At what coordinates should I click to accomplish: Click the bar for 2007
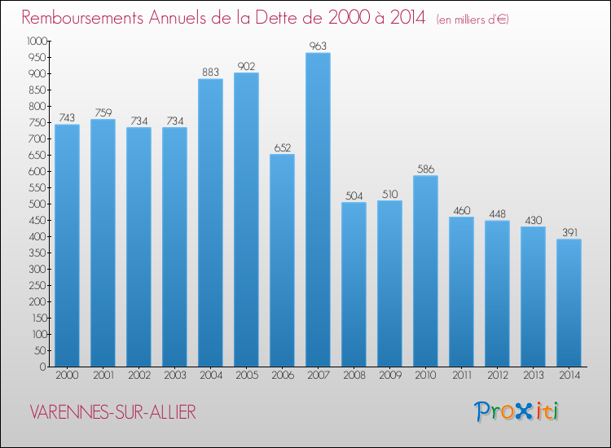tap(318, 209)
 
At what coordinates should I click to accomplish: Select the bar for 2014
tap(569, 303)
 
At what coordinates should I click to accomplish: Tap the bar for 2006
tap(282, 260)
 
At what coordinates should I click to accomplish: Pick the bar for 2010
tap(425, 270)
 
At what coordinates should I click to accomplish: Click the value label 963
tap(318, 46)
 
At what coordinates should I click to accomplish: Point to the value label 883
tap(210, 72)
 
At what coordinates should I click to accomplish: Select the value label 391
tap(569, 233)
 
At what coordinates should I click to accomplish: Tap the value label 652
tap(283, 147)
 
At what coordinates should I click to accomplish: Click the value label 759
tap(103, 112)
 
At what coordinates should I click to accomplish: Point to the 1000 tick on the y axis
tap(37, 41)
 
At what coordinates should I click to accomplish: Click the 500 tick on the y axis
tap(37, 204)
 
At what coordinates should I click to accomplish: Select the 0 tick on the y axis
tap(43, 367)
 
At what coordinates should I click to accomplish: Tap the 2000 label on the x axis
tap(67, 376)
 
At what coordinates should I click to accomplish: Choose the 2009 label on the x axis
tap(390, 376)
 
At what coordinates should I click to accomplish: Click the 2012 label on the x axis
tap(498, 376)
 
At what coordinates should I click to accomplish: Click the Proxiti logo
tap(516, 412)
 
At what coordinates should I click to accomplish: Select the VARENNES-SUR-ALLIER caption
tap(112, 412)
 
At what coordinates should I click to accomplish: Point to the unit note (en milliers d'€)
tap(473, 20)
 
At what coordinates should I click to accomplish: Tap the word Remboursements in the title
tap(82, 18)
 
